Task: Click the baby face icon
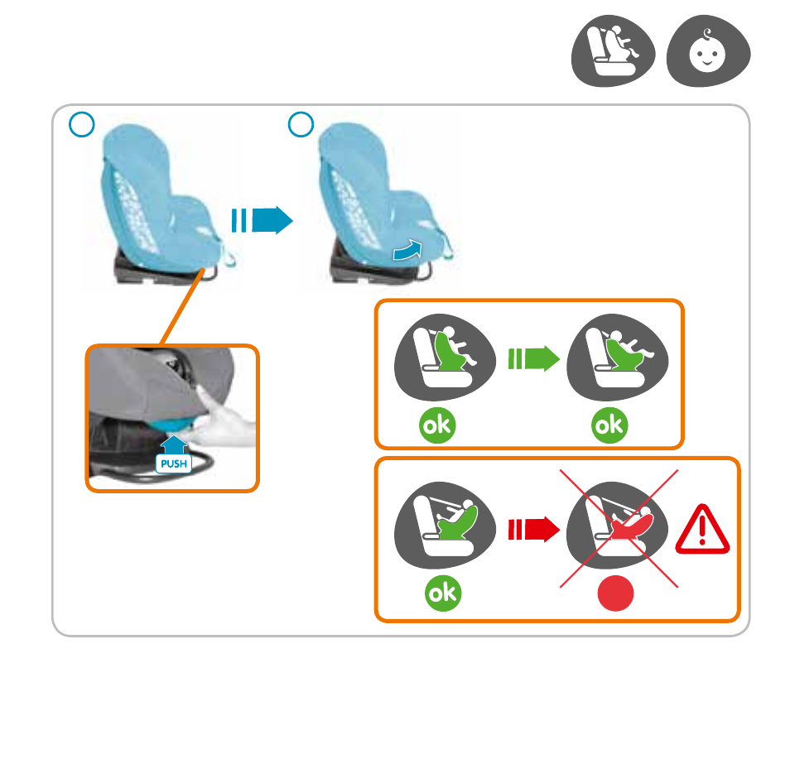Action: (x=708, y=50)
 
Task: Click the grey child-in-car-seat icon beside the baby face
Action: (x=613, y=50)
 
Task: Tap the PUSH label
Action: (x=174, y=464)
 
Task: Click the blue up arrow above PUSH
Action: (x=174, y=444)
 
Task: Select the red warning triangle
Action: (x=702, y=530)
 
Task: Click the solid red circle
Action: (x=615, y=593)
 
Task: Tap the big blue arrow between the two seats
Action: (x=262, y=220)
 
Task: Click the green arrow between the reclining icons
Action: (x=534, y=359)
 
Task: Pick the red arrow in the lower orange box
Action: (x=534, y=529)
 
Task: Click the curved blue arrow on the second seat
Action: (x=408, y=250)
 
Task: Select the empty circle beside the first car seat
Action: (x=82, y=124)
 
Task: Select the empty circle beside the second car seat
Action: (x=301, y=124)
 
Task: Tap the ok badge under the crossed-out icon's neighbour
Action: (x=443, y=593)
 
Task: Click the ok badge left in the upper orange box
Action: (x=437, y=425)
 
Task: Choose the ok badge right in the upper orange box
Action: (x=609, y=425)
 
